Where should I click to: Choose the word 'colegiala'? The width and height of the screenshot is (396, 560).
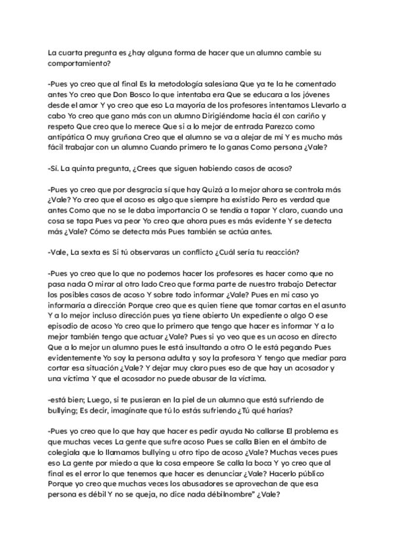pyautogui.click(x=72, y=450)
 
